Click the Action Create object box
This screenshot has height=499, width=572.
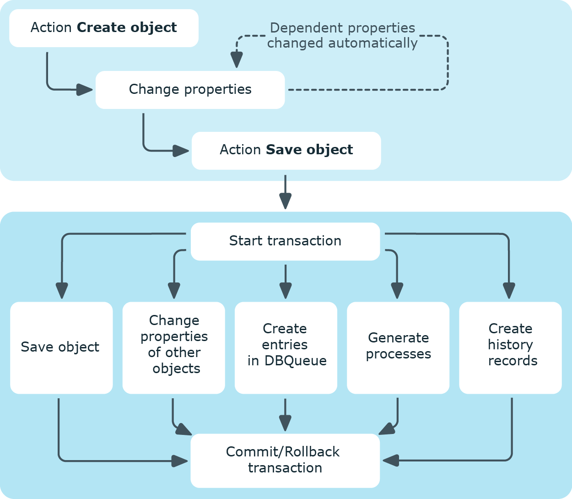click(x=104, y=28)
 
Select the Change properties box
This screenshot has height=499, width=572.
click(x=190, y=90)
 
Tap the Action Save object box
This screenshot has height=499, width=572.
click(x=286, y=151)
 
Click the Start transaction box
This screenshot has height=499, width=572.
click(x=285, y=241)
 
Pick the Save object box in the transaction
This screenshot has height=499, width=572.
click(x=61, y=347)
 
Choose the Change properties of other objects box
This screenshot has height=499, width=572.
click(x=173, y=347)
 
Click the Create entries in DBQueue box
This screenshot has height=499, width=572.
click(x=286, y=347)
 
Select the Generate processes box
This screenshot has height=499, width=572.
click(x=398, y=347)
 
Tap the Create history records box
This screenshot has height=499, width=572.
click(x=511, y=347)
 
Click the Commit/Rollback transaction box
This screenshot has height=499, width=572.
click(x=285, y=461)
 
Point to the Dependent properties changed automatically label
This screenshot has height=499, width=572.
click(x=342, y=35)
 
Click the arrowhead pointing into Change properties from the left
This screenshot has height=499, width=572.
click(x=84, y=90)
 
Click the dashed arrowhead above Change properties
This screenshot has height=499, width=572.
click(x=237, y=60)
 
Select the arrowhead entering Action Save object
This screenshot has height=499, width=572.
click(x=181, y=151)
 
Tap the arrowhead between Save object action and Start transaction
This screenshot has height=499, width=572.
click(x=286, y=201)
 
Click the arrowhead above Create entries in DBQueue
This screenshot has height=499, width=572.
click(x=286, y=291)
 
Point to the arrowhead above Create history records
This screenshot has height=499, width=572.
click(x=509, y=291)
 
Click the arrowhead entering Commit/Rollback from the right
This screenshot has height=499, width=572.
click(x=390, y=461)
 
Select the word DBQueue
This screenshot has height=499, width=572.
click(x=296, y=361)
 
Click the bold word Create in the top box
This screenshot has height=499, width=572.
click(x=101, y=27)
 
